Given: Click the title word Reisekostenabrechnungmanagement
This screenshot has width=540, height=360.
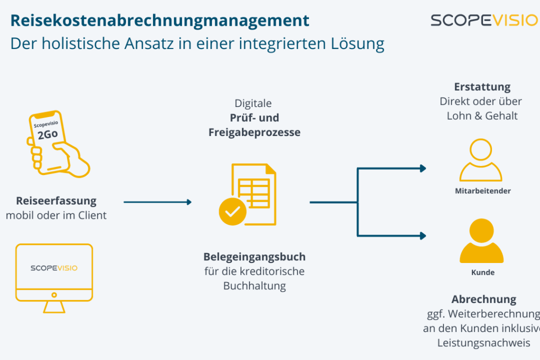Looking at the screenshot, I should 160,21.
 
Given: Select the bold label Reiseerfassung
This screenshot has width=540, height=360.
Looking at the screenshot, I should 56,201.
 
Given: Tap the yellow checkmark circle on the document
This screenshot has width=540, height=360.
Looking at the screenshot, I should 232,211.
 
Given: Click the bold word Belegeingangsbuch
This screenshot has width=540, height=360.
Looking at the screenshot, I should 255,257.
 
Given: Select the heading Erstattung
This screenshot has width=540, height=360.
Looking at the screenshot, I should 482,87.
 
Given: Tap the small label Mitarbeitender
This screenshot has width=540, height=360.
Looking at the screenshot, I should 483,191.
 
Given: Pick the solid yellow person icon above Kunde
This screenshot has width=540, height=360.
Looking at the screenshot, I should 482,242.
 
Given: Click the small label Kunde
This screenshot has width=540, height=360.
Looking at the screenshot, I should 483,273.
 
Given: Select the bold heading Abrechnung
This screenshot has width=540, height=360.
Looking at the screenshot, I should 484,299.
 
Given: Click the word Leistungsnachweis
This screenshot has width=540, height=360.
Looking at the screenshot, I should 483,343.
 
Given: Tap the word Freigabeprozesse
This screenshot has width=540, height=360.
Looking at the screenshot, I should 255,132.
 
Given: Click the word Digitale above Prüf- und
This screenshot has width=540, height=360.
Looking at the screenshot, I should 253,103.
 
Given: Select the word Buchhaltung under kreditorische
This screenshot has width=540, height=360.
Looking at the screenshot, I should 255,286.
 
